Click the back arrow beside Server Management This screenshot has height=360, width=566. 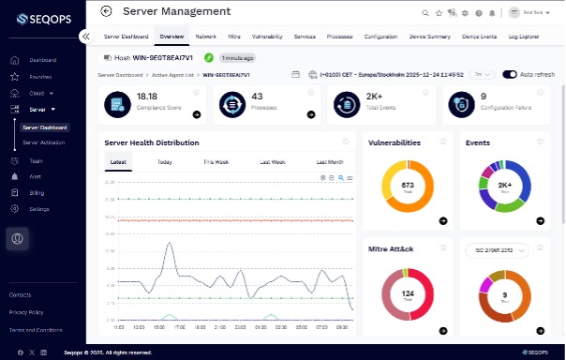click(x=106, y=11)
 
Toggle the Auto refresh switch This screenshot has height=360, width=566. click(x=510, y=74)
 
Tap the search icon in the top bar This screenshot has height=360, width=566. click(x=426, y=12)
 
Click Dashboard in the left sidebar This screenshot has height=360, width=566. click(x=42, y=60)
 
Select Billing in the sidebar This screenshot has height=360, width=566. click(x=37, y=192)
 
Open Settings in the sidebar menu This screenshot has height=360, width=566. click(x=39, y=208)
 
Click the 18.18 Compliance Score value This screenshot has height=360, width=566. click(x=147, y=97)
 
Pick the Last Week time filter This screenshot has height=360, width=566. click(x=273, y=162)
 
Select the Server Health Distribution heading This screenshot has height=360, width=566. click(x=151, y=142)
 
